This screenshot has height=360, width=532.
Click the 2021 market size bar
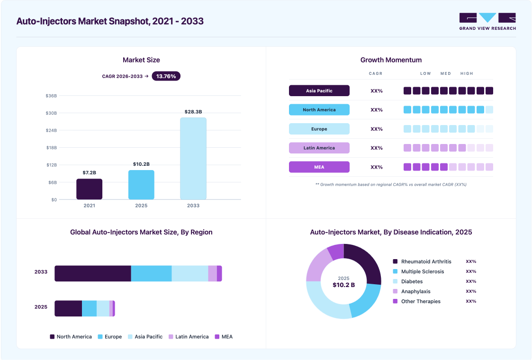[89, 189]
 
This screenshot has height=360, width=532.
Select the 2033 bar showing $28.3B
[193, 159]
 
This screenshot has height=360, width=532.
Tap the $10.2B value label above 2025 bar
[141, 164]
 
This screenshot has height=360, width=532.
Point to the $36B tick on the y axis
[51, 96]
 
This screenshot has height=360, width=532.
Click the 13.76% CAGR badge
[166, 76]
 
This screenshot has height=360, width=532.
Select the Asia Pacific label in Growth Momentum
[319, 90]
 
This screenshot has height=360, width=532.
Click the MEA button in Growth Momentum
[319, 167]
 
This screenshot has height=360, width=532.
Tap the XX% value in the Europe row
[377, 129]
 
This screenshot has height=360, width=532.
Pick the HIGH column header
[467, 73]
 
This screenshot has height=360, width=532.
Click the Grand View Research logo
[487, 22]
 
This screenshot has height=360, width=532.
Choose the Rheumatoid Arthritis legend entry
[422, 261]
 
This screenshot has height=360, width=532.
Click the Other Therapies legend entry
[416, 301]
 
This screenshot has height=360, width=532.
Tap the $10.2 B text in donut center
[344, 285]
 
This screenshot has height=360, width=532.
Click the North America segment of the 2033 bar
[93, 273]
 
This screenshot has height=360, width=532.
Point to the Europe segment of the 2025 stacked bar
[89, 308]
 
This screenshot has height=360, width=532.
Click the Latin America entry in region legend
[189, 337]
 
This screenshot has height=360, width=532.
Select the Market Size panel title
[141, 60]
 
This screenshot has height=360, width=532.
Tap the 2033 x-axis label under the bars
[193, 206]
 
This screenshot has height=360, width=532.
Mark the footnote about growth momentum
[391, 185]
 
